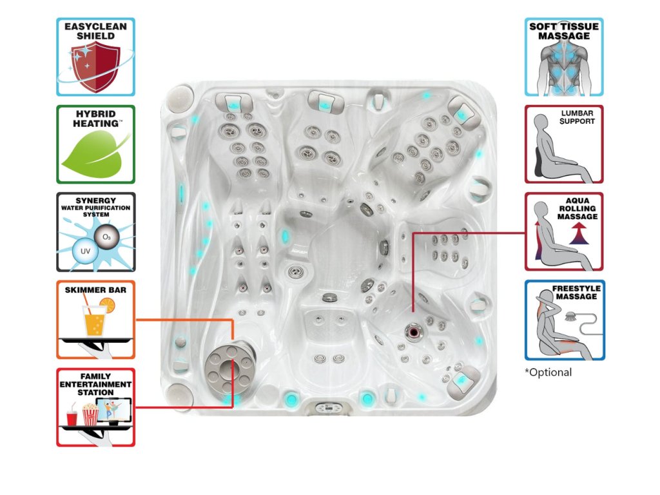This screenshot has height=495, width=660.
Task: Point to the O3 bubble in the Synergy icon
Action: click(x=106, y=237)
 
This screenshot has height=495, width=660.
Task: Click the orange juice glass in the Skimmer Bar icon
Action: click(x=95, y=320)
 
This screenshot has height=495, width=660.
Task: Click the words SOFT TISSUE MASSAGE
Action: click(x=564, y=31)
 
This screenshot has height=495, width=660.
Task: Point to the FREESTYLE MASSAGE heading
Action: click(x=574, y=293)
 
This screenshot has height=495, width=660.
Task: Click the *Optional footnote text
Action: click(x=548, y=373)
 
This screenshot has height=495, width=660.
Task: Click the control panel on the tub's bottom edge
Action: click(x=330, y=407)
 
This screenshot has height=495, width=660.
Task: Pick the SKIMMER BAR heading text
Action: click(x=95, y=290)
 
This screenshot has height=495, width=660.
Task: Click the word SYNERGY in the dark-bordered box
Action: click(x=95, y=200)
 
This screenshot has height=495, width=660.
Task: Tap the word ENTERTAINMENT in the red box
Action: click(x=95, y=384)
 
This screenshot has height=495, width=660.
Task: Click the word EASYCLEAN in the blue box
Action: click(x=95, y=26)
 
